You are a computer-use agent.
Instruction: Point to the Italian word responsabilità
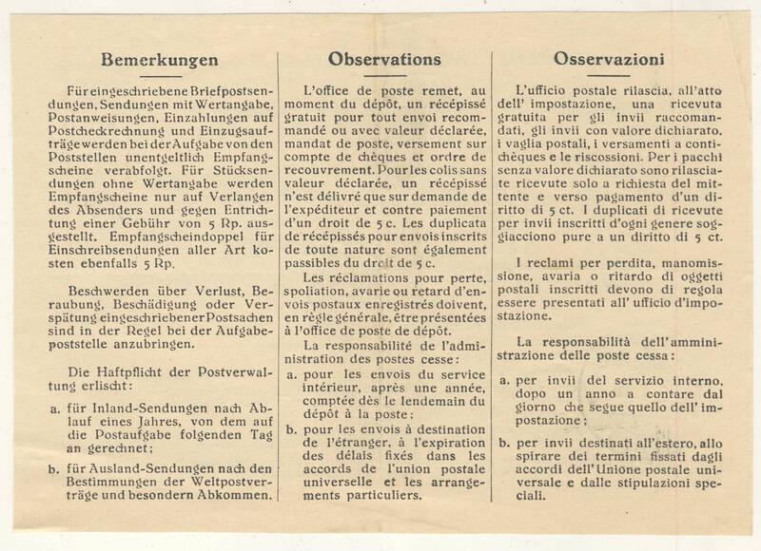tap(600, 339)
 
